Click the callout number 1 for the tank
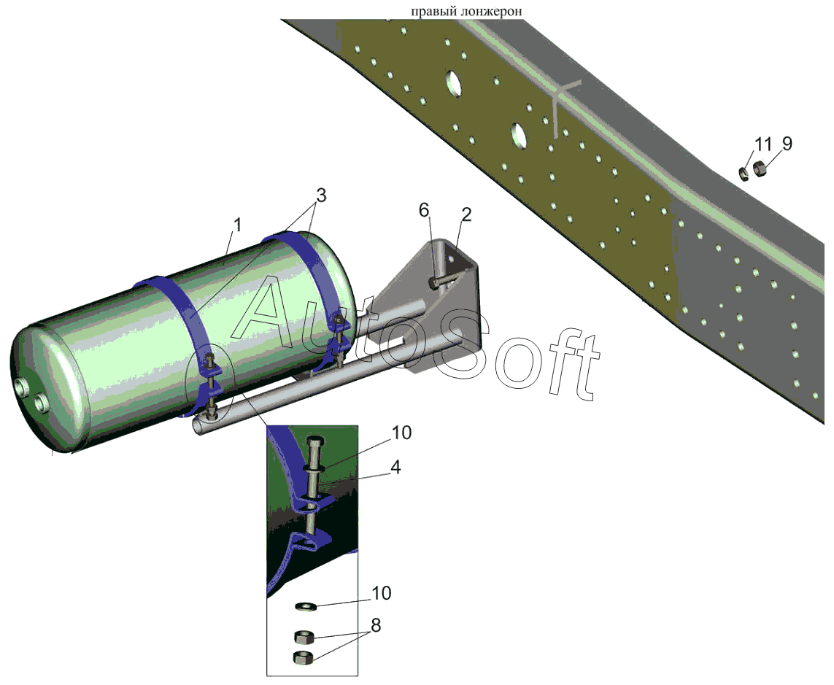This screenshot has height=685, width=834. click(237, 225)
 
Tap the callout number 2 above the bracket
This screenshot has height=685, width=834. click(466, 215)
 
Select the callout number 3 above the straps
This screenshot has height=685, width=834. click(321, 196)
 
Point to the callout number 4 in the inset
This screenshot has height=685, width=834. click(395, 467)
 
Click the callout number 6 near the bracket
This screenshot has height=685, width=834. click(424, 211)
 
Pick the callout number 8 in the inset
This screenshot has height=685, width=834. click(376, 625)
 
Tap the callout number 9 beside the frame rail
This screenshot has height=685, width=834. click(787, 144)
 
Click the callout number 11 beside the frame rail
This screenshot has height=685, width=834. click(762, 144)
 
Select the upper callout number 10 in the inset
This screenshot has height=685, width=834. click(401, 433)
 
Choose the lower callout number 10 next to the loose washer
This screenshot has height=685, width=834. click(382, 593)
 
